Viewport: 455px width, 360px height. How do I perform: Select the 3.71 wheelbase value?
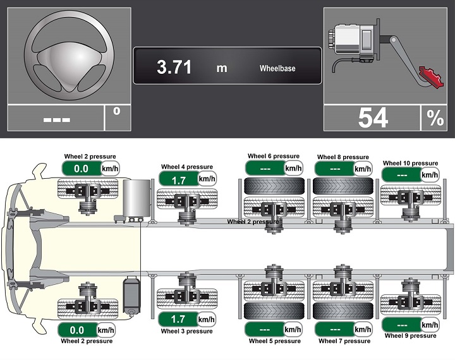[x=174, y=67]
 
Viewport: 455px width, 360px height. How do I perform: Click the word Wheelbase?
[x=277, y=68]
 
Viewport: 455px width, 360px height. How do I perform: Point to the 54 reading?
[x=373, y=117]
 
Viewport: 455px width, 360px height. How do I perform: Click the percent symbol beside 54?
[x=435, y=117]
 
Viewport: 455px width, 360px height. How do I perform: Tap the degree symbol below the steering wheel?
[x=117, y=111]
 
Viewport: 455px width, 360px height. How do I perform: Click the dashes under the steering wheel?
[x=57, y=120]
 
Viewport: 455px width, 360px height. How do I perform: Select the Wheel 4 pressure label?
[x=187, y=167]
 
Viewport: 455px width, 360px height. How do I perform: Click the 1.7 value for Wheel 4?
[x=178, y=181]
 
